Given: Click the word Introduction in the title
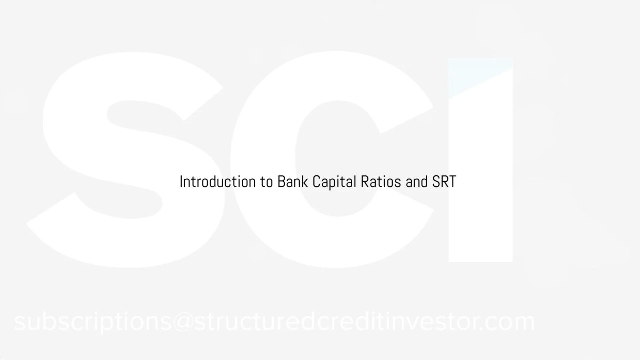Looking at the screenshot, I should [217, 182].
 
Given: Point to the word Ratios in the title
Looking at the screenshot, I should [381, 182].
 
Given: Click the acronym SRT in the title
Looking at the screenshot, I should [444, 182].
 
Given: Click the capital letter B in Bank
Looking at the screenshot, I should [281, 182].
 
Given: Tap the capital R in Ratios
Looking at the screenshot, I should [364, 182].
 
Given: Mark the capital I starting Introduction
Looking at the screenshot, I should [181, 182].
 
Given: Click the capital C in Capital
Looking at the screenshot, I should [316, 182].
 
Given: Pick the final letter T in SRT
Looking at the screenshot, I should [452, 182].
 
